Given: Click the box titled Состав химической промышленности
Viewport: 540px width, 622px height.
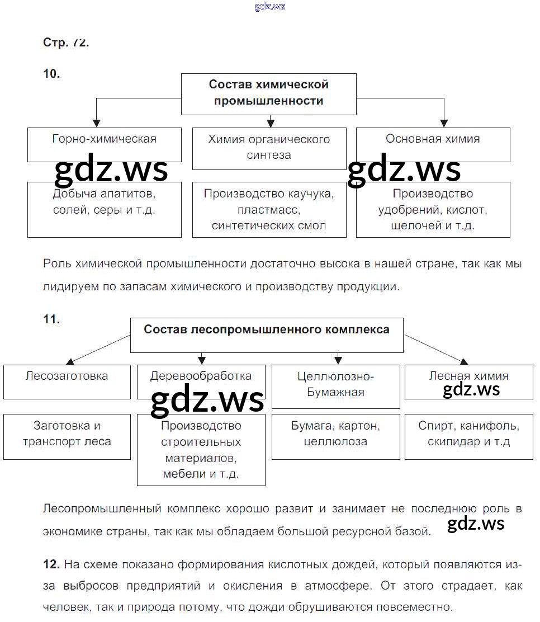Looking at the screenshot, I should pos(268,93).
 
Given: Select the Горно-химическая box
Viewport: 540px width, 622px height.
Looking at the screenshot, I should pos(104,144).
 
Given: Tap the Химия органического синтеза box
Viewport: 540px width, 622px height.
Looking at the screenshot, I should pos(269,148).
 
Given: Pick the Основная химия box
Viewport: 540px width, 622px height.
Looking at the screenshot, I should pos(433,144).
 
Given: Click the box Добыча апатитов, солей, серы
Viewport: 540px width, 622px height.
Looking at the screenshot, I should pos(104,209).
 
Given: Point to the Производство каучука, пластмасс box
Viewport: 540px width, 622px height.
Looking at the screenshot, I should pos(269,209).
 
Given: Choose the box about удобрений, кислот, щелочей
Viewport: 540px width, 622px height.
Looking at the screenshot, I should pos(433,209).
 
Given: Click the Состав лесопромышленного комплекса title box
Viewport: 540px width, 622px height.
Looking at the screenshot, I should pos(267,335).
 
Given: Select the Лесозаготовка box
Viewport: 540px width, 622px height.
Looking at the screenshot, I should pos(67,381).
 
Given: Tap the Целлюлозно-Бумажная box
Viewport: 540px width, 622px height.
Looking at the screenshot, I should pos(335,386).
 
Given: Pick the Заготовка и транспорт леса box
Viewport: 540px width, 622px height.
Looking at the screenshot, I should pos(67,436).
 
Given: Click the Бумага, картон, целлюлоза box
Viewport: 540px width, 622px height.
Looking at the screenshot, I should pos(335,436).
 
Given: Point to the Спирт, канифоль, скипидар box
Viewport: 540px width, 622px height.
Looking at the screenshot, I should pos(468,436).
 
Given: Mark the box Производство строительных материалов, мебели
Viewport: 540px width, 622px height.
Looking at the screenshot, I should pos(201,450).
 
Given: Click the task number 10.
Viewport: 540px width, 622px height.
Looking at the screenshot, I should pos(51,73).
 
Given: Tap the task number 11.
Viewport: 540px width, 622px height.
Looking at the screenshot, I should pos(51,319).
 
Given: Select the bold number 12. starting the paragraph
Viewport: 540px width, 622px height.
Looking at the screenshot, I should pos(51,565).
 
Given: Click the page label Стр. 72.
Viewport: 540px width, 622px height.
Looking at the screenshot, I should pos(66,43).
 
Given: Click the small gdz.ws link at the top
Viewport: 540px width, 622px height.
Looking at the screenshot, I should pos(269,7).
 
